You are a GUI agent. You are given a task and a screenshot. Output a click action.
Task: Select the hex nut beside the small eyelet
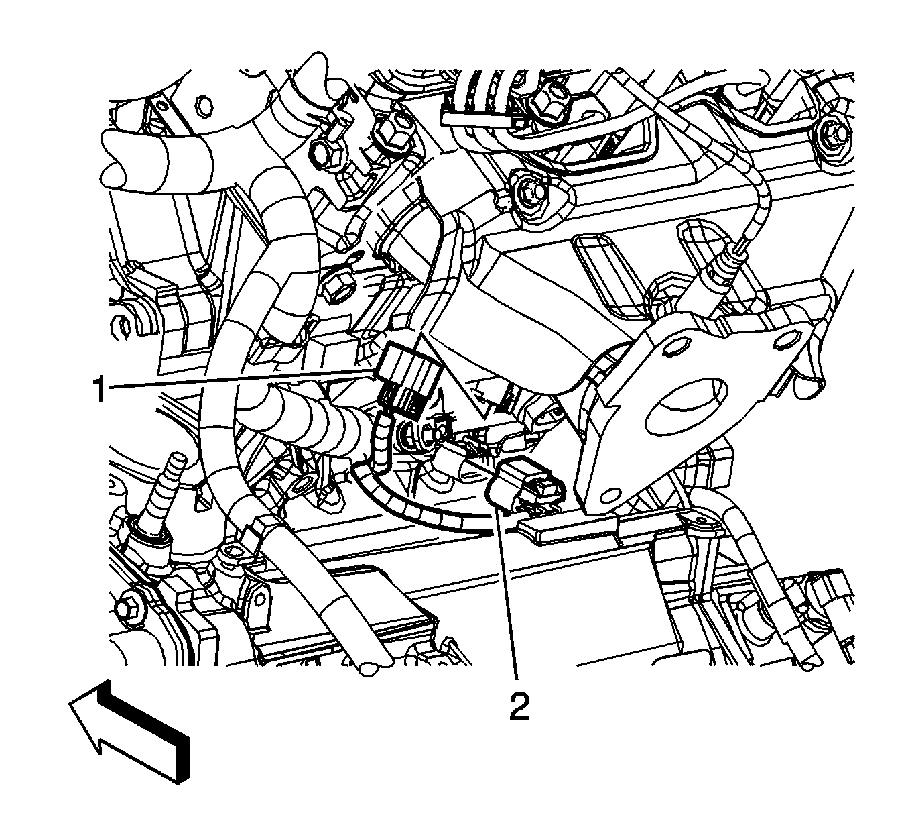tap(336, 290)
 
